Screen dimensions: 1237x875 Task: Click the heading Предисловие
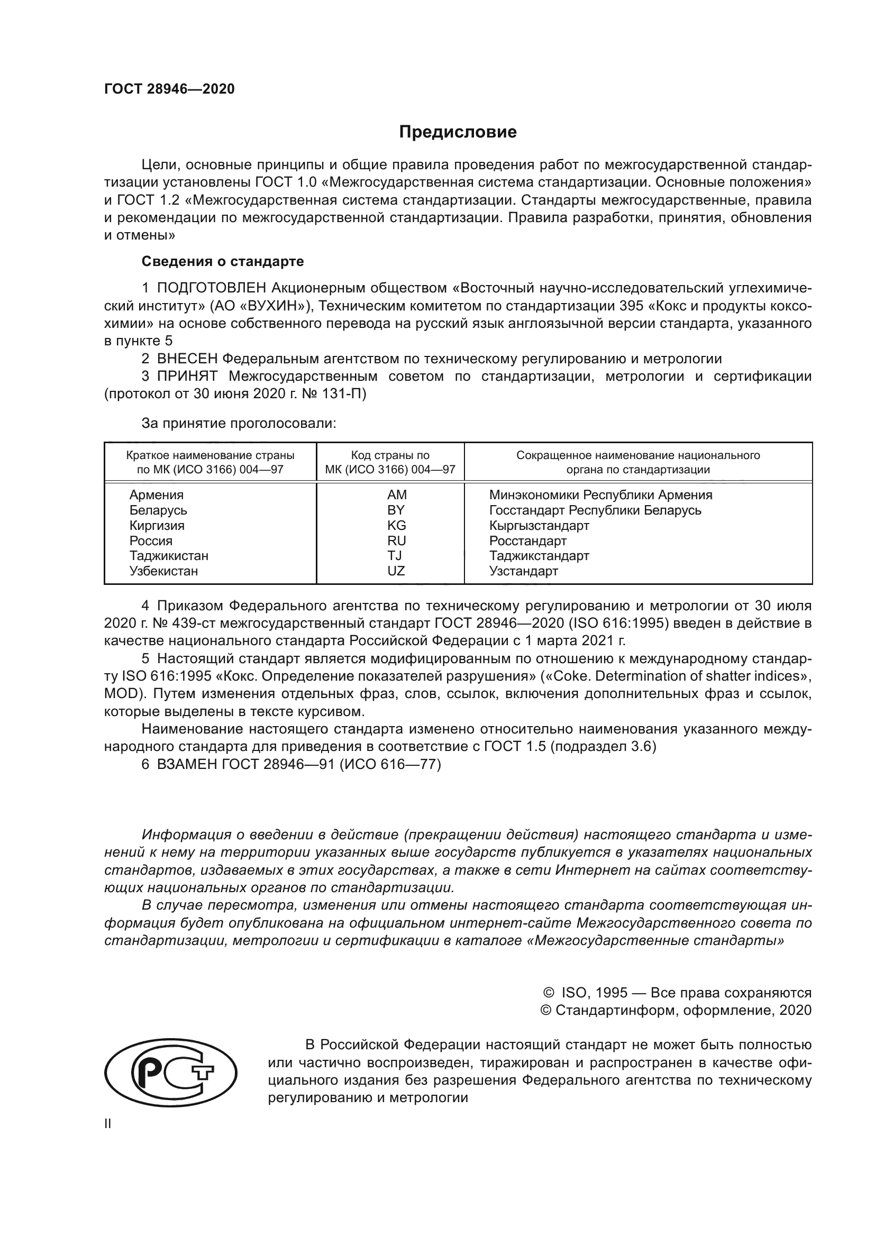pos(458,132)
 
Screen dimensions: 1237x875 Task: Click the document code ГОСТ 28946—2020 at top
pos(169,89)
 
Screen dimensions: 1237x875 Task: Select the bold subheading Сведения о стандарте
pos(223,261)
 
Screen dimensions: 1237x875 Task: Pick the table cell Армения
pos(156,494)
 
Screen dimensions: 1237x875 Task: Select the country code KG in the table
pos(396,525)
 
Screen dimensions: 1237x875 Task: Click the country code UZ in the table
pos(396,571)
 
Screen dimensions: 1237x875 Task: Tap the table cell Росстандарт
pos(527,540)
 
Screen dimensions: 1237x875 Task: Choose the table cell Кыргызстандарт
pos(539,525)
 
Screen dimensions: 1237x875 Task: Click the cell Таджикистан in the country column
pos(169,555)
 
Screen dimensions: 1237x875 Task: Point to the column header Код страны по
pos(390,455)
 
